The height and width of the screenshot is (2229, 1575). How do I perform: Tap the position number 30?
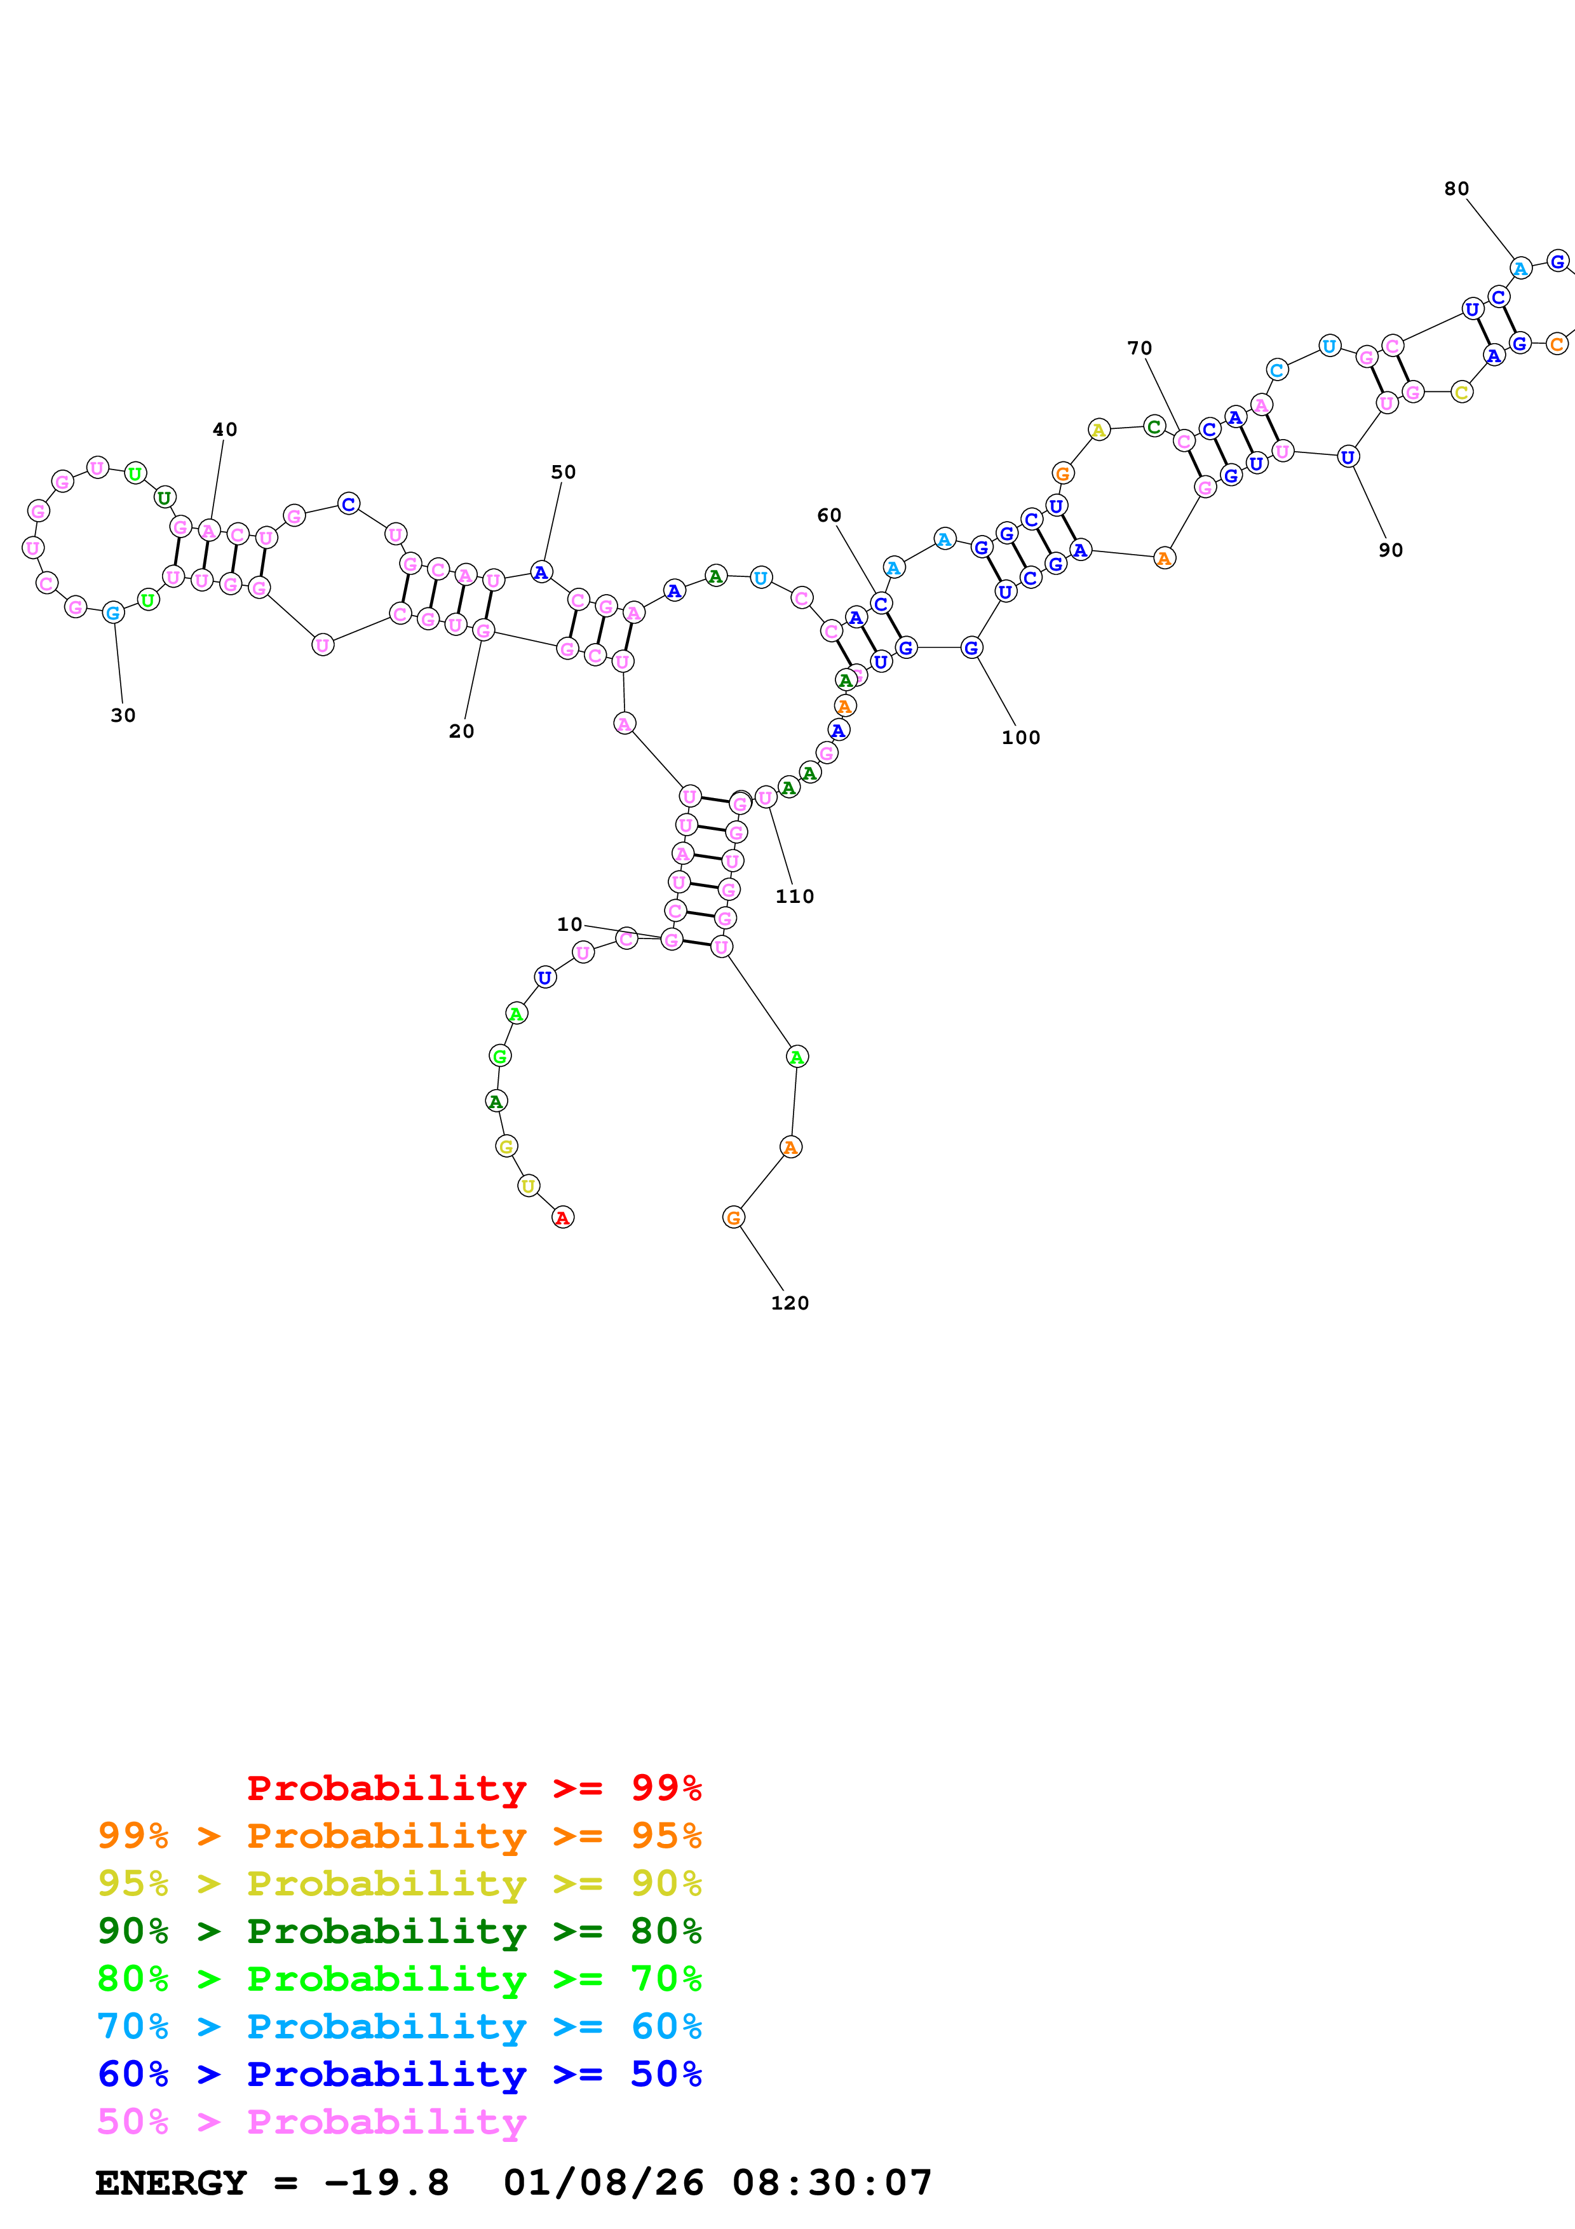(123, 715)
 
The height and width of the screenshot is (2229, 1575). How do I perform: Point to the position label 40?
(224, 429)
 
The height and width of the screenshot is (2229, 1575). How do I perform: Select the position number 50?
(563, 472)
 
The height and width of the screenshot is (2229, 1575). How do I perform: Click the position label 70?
(1139, 348)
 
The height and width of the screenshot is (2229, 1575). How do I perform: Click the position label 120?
(789, 1303)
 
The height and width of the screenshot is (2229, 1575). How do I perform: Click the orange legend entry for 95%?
(399, 1836)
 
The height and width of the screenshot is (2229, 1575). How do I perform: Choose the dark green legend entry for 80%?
(399, 1931)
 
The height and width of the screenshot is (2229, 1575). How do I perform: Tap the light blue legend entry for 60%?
(399, 2026)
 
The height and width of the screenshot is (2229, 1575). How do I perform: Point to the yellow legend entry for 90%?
(399, 1883)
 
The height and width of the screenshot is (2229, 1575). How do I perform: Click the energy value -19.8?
(386, 2183)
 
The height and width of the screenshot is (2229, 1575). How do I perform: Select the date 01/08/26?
(603, 2183)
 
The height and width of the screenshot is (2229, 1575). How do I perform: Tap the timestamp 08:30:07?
(832, 2183)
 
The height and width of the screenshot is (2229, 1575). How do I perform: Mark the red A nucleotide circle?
(563, 1217)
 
